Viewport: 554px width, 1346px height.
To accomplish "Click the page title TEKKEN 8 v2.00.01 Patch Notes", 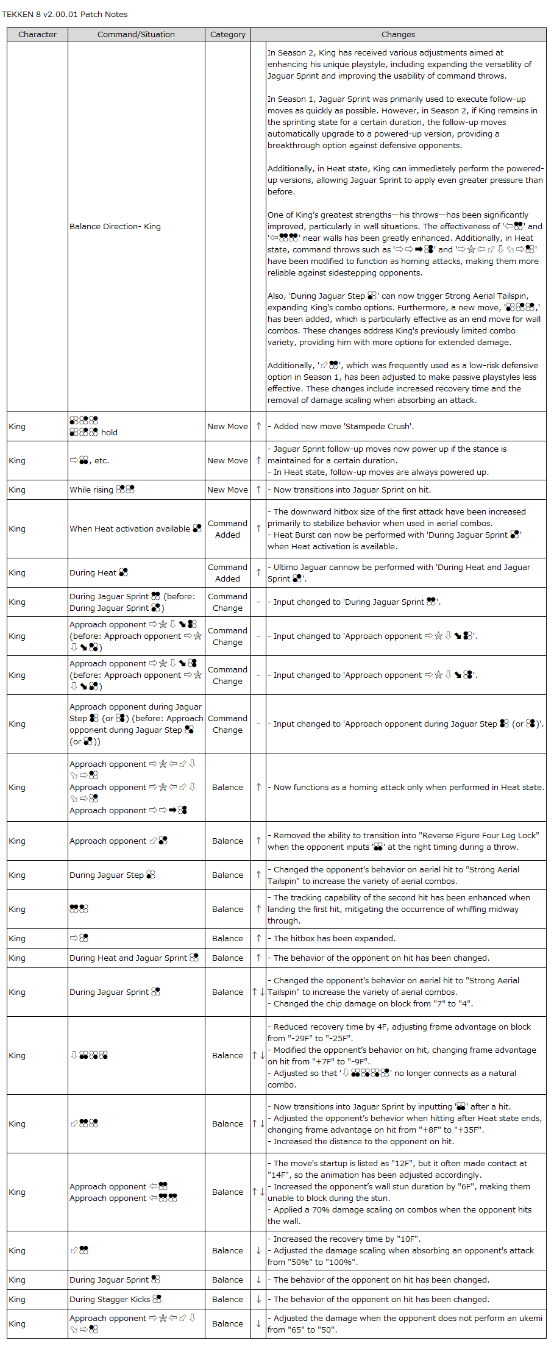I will [x=65, y=14].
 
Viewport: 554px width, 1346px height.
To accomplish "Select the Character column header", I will [x=37, y=35].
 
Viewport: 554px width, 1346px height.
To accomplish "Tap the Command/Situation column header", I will [x=136, y=35].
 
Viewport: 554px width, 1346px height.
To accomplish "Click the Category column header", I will [x=227, y=35].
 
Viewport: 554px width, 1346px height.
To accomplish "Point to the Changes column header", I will [x=398, y=35].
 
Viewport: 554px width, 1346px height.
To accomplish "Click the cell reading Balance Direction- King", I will [x=115, y=226].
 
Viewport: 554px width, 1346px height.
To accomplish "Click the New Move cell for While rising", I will [x=227, y=490].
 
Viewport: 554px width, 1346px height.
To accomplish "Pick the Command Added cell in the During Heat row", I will [x=227, y=572].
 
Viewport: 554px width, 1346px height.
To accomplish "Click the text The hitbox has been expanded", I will [x=334, y=938].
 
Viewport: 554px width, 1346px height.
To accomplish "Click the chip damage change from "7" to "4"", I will [x=372, y=1003].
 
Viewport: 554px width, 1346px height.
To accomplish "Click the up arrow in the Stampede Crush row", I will [x=258, y=426].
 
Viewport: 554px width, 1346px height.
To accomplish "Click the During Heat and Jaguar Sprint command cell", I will [x=134, y=958].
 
